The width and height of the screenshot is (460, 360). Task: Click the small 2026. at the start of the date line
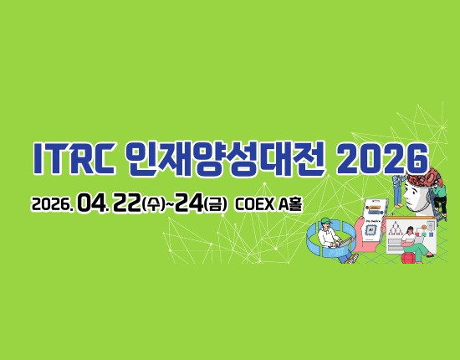(51, 203)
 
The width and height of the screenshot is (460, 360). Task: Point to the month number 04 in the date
(90, 203)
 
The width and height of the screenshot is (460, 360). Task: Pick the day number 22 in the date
(126, 203)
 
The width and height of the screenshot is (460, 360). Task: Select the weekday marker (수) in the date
(153, 203)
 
